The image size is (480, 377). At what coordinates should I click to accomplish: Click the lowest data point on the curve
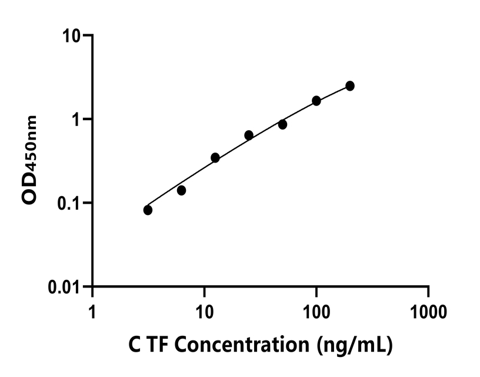[148, 210]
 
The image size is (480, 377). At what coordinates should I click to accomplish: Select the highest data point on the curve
[350, 86]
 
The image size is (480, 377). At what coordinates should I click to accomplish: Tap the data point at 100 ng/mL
[316, 101]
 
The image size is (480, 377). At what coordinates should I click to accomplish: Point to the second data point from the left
[181, 190]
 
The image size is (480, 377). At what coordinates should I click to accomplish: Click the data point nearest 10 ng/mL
[215, 157]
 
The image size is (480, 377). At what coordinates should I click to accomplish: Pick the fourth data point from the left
[249, 135]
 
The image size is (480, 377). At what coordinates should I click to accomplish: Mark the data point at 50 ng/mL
[282, 124]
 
